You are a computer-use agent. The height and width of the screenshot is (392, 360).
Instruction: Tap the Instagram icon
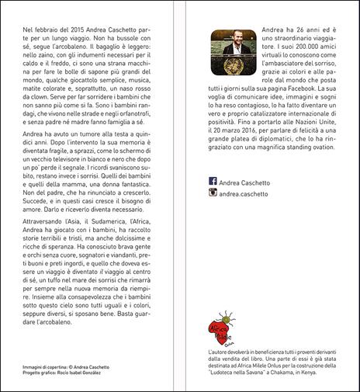click(213, 213)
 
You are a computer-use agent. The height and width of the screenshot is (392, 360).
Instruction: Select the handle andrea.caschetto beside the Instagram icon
click(247, 213)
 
